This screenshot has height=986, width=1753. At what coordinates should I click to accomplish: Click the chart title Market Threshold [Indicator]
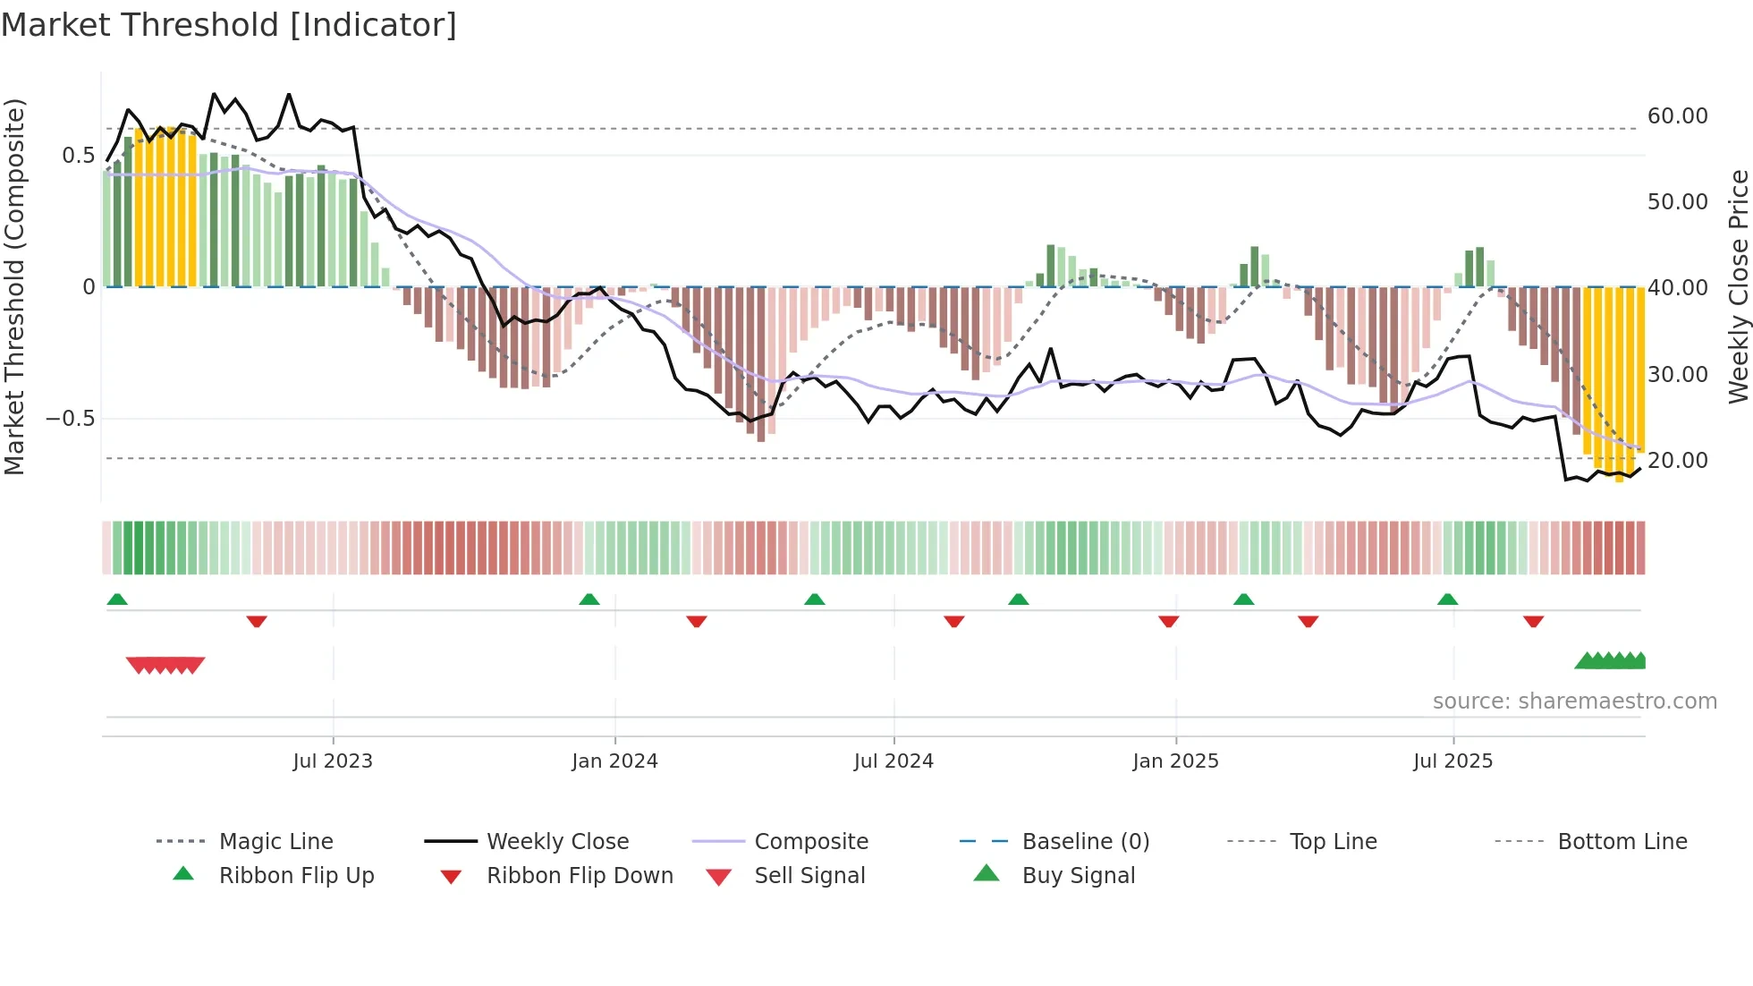[229, 25]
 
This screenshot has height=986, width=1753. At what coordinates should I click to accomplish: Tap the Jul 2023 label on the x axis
[333, 761]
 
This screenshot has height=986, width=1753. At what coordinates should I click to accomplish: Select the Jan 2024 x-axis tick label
[615, 761]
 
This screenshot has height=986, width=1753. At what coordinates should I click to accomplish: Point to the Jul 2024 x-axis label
[893, 761]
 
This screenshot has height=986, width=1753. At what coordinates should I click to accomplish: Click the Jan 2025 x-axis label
[1175, 761]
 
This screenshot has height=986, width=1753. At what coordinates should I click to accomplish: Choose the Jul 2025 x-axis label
[1453, 761]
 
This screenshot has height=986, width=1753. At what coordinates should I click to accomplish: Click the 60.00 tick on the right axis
[1677, 116]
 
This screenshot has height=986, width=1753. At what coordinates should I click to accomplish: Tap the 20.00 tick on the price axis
[1677, 461]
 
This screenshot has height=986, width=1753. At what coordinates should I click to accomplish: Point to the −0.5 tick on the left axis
[70, 419]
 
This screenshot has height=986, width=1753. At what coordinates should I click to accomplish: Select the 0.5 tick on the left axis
[78, 156]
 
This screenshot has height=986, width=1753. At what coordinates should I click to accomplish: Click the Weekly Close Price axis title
[1738, 286]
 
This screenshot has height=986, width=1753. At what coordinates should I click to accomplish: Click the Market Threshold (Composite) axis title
[14, 286]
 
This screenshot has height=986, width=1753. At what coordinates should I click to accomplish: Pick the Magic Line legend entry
[275, 842]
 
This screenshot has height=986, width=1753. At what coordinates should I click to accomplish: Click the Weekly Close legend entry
[557, 842]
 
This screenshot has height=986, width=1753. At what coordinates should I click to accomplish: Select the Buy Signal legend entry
[1078, 876]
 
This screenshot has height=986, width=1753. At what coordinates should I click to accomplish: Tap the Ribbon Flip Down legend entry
[579, 876]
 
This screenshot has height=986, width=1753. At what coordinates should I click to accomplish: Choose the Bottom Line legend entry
[1622, 842]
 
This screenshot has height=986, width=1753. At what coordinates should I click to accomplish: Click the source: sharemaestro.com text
[1574, 701]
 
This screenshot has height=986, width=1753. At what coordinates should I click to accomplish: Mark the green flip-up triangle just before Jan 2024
[589, 599]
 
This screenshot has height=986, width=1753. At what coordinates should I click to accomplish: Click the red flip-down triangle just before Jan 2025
[1168, 621]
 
